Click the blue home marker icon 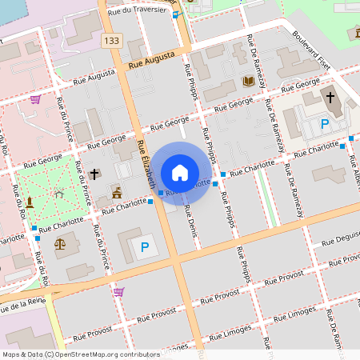coord(180,172)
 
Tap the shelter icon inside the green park coord(58,193)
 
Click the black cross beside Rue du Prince coord(94,174)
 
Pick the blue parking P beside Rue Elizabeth coord(145,248)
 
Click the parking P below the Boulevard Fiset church coord(325,123)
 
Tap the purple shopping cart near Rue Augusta coord(35,99)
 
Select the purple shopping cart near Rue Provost coord(118,292)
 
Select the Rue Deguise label coord(339,238)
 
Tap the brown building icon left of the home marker coord(117,192)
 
